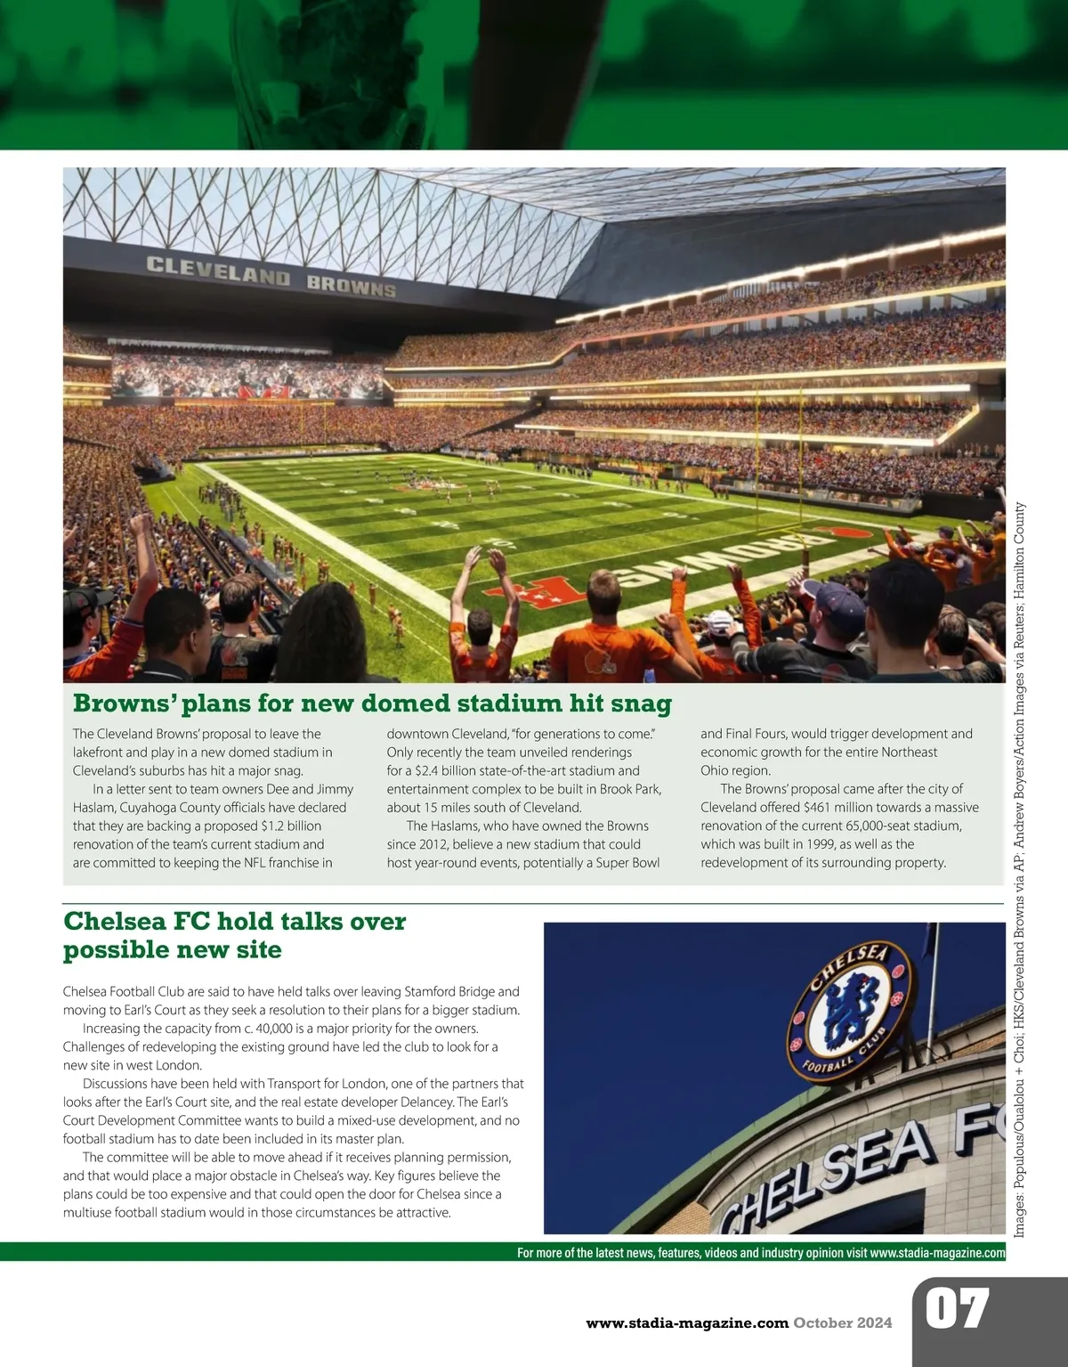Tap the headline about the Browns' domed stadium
click(x=372, y=704)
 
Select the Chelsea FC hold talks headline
click(x=234, y=935)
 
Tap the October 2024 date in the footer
click(x=843, y=1322)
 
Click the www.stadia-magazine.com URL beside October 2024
click(x=687, y=1322)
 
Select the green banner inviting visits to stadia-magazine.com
click(x=761, y=1252)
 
